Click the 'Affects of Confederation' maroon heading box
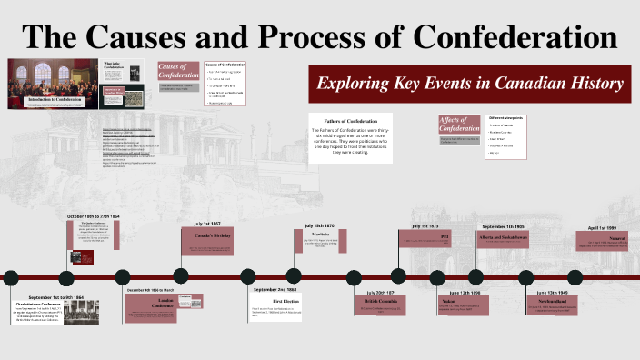click(459, 127)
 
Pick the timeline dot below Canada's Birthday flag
click(182, 276)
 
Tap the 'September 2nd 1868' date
click(275, 289)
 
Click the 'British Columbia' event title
click(381, 300)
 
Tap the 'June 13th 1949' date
click(545, 293)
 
